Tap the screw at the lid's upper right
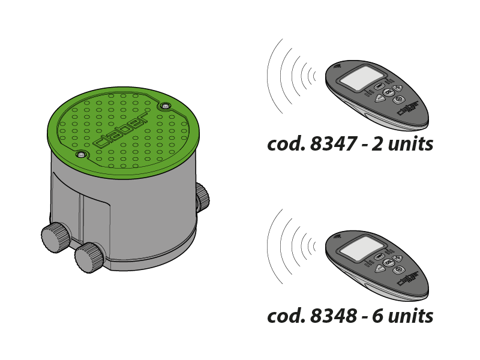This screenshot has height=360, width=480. (166, 107)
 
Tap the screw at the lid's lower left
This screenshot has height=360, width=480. (81, 155)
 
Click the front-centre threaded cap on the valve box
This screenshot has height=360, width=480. (89, 257)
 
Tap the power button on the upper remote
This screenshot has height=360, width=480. (399, 100)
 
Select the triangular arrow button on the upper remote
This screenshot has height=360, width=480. (380, 98)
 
